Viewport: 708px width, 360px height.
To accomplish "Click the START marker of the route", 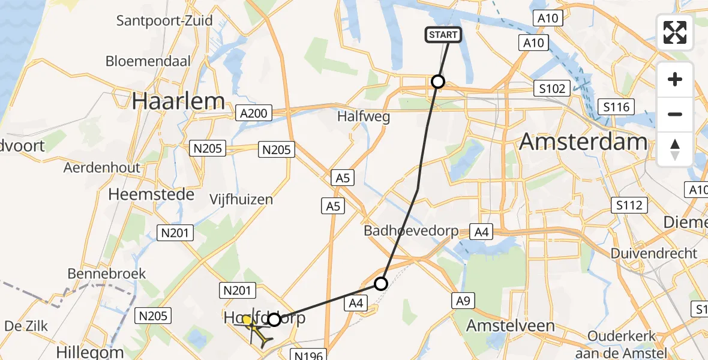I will pos(443,35).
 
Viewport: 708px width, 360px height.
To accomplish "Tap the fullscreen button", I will pos(675,32).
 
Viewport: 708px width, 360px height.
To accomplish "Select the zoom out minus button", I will pos(675,114).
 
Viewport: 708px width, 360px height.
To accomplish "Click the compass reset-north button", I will pos(675,149).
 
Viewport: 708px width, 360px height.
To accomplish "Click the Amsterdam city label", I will pos(583,142).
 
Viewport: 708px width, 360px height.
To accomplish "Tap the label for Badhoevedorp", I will pos(411,231).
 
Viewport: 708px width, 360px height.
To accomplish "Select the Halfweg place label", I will pos(364,117).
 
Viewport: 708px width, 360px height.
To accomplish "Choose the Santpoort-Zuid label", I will pos(164,21).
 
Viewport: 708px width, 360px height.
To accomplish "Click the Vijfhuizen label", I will pos(242,199).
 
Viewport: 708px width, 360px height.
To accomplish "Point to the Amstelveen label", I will pos(511,326).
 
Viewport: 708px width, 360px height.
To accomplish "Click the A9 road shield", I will pos(461,301).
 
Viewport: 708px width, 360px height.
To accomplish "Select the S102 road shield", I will pos(552,89).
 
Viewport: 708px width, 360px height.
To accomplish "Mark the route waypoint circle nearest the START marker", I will pos(438,82).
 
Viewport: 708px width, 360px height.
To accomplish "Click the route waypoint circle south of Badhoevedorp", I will pos(381,284).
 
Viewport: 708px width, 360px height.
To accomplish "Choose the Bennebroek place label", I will pos(107,274).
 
